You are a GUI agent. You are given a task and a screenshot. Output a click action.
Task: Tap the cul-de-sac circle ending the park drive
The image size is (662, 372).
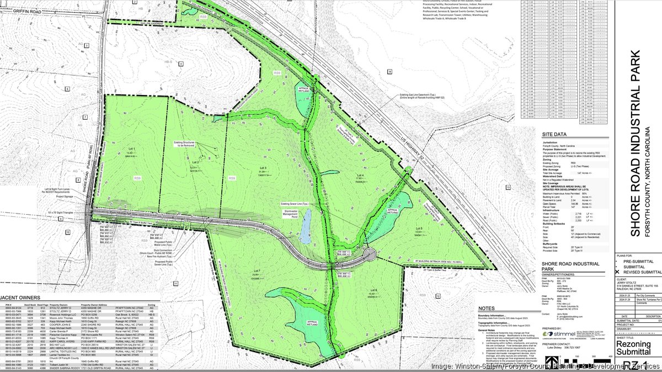[369, 254]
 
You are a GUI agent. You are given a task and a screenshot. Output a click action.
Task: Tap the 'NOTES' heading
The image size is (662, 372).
[488, 309]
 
